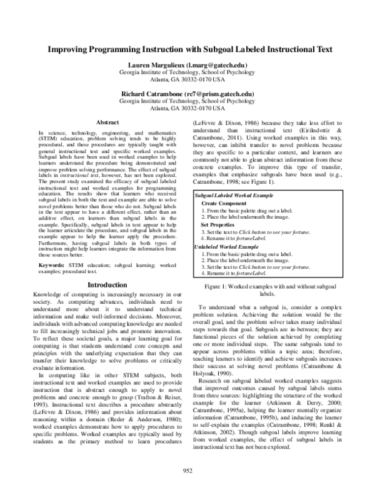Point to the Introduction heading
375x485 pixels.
[108, 284]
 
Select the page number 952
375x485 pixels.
[187, 470]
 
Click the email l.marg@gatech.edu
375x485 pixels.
[216, 66]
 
